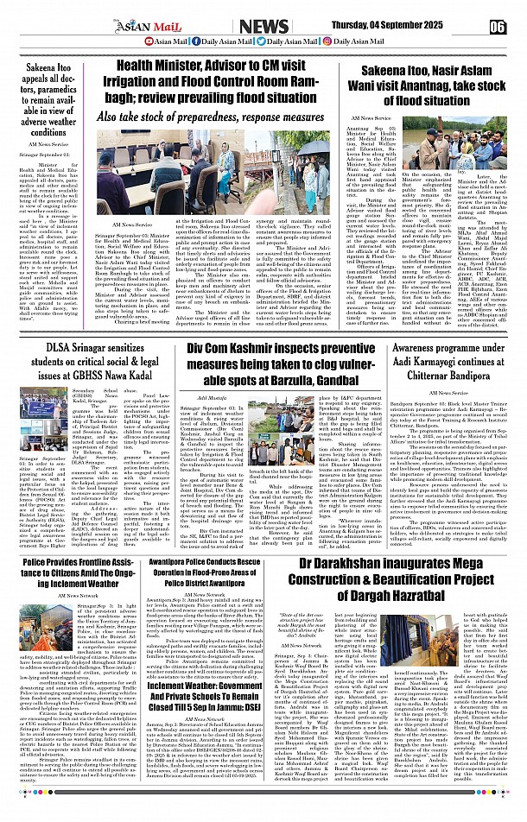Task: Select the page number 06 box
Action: [x=497, y=26]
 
